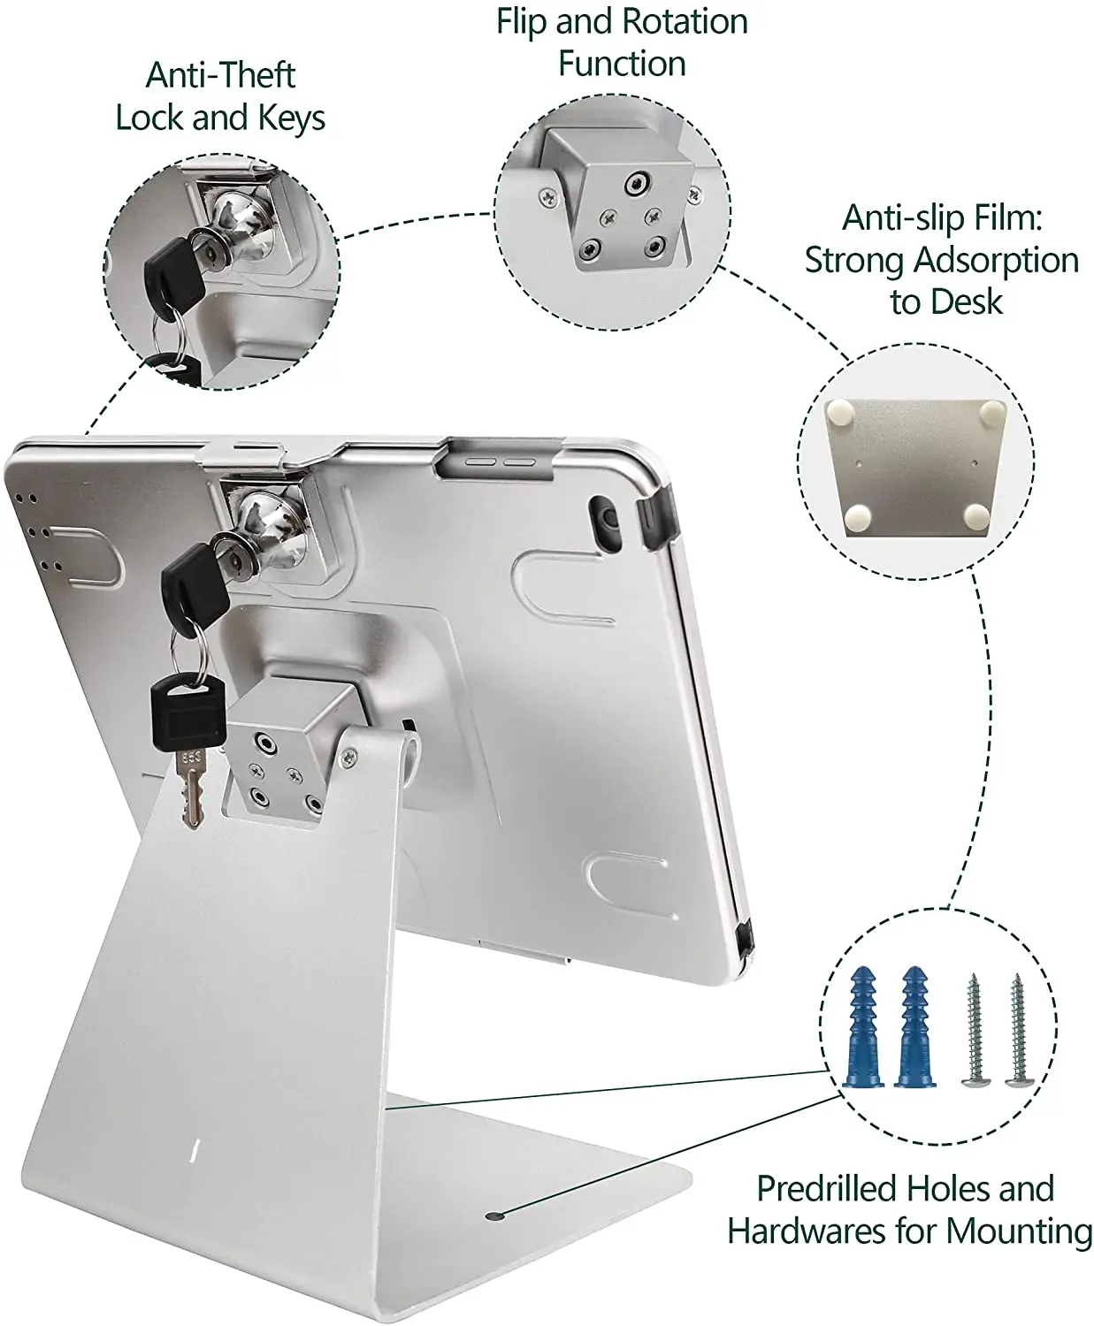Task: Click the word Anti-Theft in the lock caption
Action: point(220,76)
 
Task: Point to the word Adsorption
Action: point(996,261)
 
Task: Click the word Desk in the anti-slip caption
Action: point(969,302)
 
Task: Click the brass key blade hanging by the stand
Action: point(192,791)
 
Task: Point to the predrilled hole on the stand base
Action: point(494,1216)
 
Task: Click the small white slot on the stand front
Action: point(195,1149)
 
